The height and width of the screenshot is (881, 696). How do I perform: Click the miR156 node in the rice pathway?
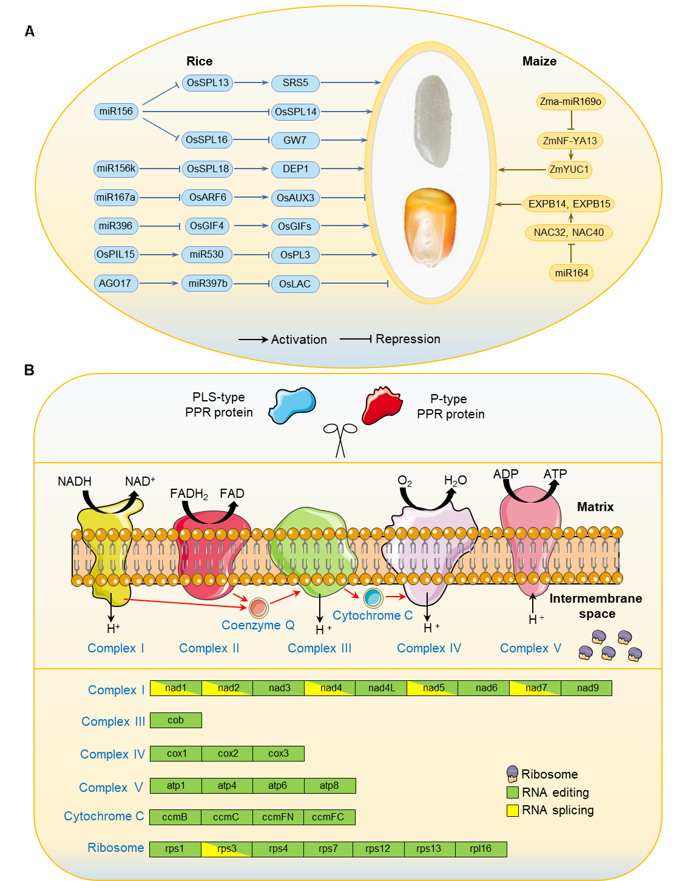117,112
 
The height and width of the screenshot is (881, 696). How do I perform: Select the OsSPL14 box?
296,112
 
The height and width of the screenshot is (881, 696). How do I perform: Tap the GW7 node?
295,140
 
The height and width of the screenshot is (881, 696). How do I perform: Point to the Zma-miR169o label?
570,101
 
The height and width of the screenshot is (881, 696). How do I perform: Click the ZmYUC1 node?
569,169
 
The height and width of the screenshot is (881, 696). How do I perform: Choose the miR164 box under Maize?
572,273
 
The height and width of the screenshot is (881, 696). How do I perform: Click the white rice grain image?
432,121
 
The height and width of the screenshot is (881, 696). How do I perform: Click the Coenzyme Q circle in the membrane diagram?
258,607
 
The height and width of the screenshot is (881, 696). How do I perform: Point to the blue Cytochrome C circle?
373,598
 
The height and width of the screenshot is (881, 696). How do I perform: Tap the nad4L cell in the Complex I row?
382,688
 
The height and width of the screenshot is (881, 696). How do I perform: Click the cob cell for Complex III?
176,720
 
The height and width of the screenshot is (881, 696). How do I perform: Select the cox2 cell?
228,754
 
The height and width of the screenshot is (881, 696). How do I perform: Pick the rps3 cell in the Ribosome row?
227,849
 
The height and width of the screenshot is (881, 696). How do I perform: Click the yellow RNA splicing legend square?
513,810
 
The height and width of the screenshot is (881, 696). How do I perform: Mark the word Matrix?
595,507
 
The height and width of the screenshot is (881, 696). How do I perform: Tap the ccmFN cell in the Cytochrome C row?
278,817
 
